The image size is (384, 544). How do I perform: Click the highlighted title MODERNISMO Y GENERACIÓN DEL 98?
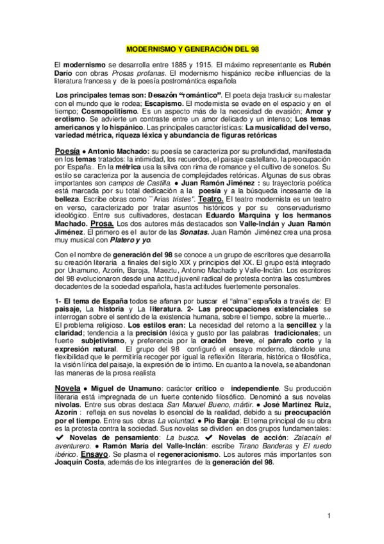click(192, 49)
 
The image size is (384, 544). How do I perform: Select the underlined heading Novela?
click(67, 389)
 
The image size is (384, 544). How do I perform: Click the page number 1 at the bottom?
click(328, 516)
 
